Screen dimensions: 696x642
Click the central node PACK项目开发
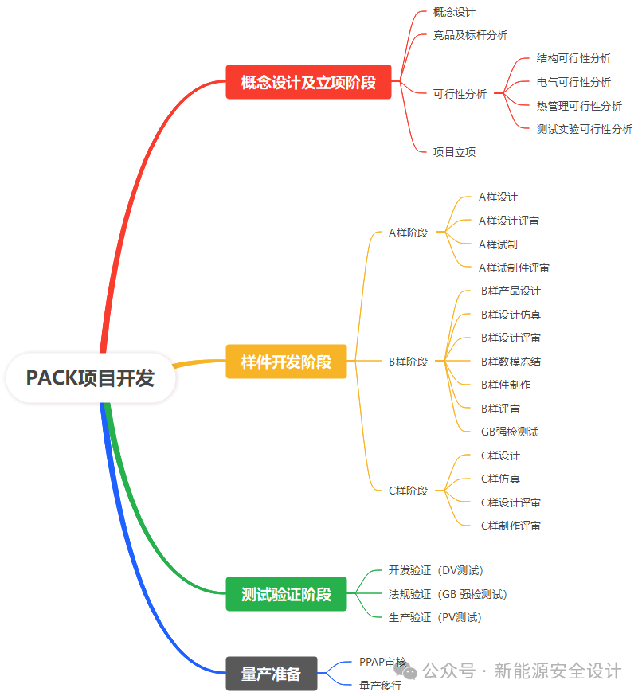[90, 377]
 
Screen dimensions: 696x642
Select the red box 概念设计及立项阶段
[308, 82]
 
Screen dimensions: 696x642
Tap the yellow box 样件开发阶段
[286, 362]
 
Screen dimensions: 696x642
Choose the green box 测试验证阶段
[286, 594]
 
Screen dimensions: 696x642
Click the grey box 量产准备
[272, 674]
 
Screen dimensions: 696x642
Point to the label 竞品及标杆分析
[470, 35]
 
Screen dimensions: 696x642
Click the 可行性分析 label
[460, 94]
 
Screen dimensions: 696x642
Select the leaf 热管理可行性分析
[579, 105]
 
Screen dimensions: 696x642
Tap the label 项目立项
[454, 152]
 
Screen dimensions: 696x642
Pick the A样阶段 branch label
[408, 233]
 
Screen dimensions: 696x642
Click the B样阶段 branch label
[408, 362]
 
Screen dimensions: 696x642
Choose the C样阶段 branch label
[408, 491]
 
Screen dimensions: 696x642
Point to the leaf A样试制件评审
[514, 268]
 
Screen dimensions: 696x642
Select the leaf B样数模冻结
[511, 362]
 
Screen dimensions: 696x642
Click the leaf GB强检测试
[510, 432]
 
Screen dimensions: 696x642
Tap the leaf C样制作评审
[511, 526]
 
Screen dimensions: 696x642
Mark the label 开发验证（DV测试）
[436, 570]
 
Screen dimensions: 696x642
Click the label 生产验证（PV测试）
[435, 617]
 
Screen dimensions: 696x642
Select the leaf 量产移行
[380, 685]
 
